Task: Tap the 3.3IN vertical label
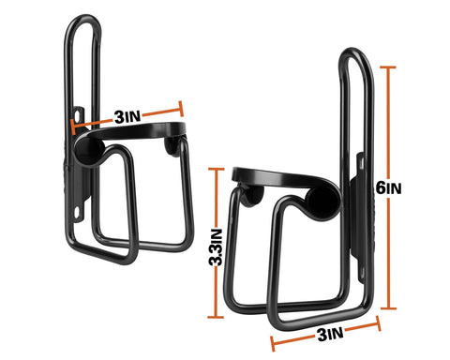pyautogui.click(x=217, y=252)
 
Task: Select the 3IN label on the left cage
pyautogui.click(x=127, y=117)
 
